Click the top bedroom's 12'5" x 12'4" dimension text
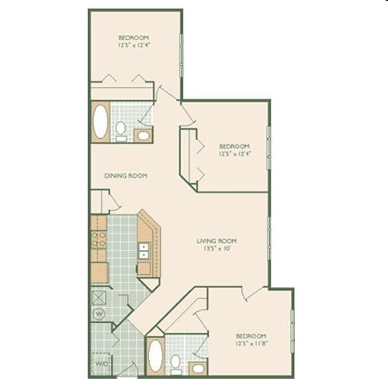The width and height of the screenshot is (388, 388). click(133, 45)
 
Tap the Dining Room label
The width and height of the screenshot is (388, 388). click(126, 175)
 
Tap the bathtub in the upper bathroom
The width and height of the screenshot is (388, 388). click(101, 123)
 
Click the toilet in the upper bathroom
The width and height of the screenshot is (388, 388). click(122, 130)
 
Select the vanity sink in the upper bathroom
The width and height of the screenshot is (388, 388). click(144, 135)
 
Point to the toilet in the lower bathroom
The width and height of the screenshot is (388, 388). click(176, 362)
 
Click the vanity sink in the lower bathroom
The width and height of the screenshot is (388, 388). click(198, 366)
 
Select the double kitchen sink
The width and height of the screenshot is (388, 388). click(144, 249)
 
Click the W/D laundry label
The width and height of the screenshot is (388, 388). click(101, 363)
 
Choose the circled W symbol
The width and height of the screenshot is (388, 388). click(99, 314)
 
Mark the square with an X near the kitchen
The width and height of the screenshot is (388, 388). click(99, 296)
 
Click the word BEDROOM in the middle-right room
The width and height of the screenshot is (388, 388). click(234, 146)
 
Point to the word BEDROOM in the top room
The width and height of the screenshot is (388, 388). click(133, 37)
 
